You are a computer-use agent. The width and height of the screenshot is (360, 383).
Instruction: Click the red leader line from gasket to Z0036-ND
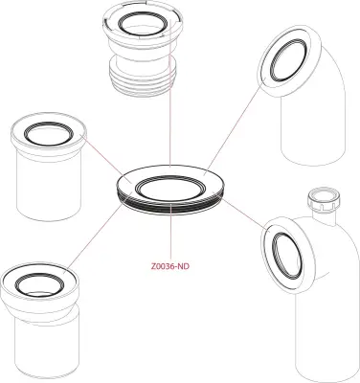coord(169,235)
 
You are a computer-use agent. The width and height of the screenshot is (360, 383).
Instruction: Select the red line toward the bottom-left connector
coord(91,236)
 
